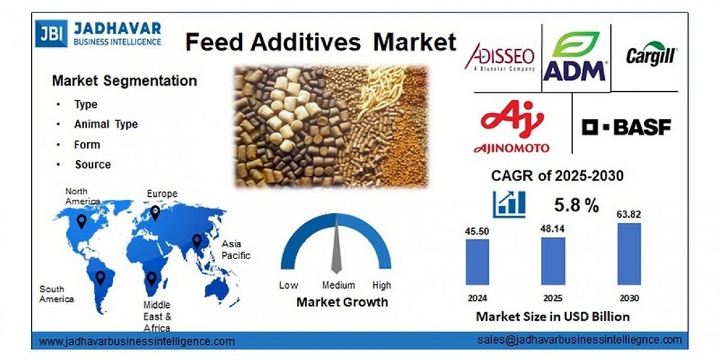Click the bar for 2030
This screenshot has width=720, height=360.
click(x=629, y=254)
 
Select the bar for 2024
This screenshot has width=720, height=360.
click(x=477, y=262)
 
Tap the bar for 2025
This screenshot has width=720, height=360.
click(x=553, y=260)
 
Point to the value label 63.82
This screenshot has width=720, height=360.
click(x=629, y=213)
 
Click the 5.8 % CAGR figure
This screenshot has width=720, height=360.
click(x=576, y=205)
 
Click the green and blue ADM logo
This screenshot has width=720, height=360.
click(x=575, y=57)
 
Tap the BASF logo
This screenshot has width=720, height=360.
click(x=626, y=127)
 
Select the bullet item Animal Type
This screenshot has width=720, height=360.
click(x=106, y=124)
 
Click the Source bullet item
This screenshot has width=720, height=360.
click(x=93, y=164)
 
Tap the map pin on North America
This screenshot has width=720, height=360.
click(x=81, y=222)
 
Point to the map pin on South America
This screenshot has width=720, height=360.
click(x=100, y=277)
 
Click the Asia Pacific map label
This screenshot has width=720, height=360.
click(x=236, y=250)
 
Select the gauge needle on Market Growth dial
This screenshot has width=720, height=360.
click(x=336, y=246)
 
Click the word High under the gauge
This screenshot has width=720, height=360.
click(x=381, y=285)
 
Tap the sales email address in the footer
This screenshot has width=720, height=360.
click(x=580, y=340)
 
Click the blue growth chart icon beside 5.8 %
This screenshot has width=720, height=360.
click(x=509, y=204)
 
